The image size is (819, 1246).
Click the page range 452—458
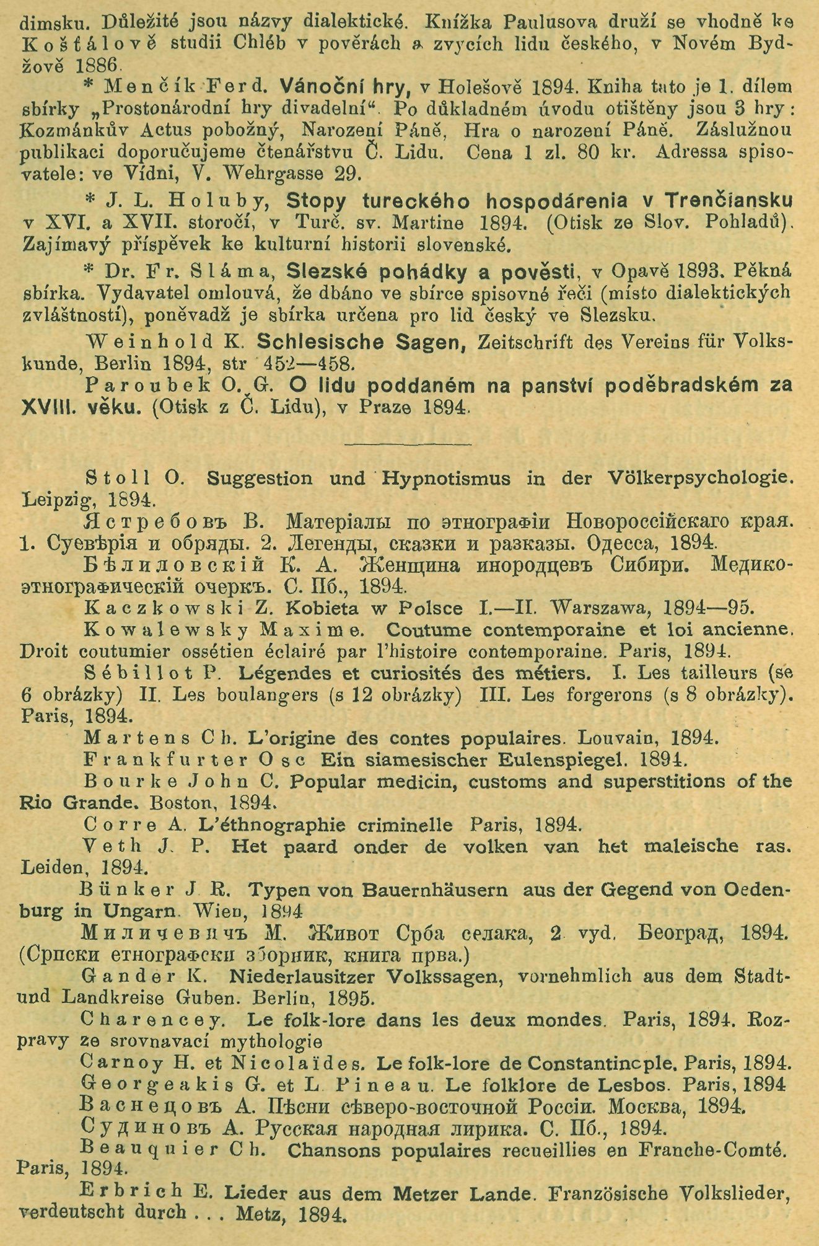click(x=309, y=363)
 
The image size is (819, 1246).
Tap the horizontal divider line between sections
click(x=408, y=443)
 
